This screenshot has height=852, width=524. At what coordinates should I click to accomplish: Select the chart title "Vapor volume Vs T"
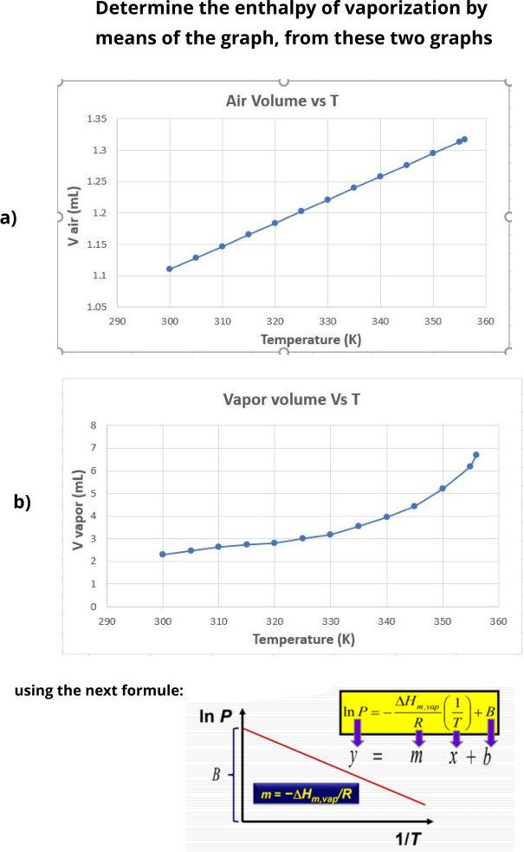point(291,400)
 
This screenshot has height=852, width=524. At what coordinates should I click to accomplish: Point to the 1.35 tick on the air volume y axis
point(96,119)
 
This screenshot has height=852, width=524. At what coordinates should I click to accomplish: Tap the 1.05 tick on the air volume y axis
point(96,307)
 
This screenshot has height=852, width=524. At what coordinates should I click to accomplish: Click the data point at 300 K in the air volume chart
point(170,269)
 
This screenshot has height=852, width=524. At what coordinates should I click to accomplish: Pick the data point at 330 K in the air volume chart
point(327,199)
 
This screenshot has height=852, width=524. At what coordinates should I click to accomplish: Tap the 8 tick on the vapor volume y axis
point(94,426)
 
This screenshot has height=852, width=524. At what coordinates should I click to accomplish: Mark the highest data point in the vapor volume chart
point(475,455)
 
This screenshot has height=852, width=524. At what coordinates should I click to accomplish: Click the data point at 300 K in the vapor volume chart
point(163,555)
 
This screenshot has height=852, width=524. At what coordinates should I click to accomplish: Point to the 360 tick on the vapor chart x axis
point(498,621)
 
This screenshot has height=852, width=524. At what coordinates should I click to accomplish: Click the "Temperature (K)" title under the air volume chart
point(310,339)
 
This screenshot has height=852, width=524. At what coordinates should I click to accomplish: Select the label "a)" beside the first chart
point(9,218)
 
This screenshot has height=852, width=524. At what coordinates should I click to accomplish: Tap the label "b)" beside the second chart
point(22,502)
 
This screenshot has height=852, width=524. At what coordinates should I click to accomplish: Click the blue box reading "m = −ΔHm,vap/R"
point(311,794)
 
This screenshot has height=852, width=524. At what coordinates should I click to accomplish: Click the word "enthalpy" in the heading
point(288,10)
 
